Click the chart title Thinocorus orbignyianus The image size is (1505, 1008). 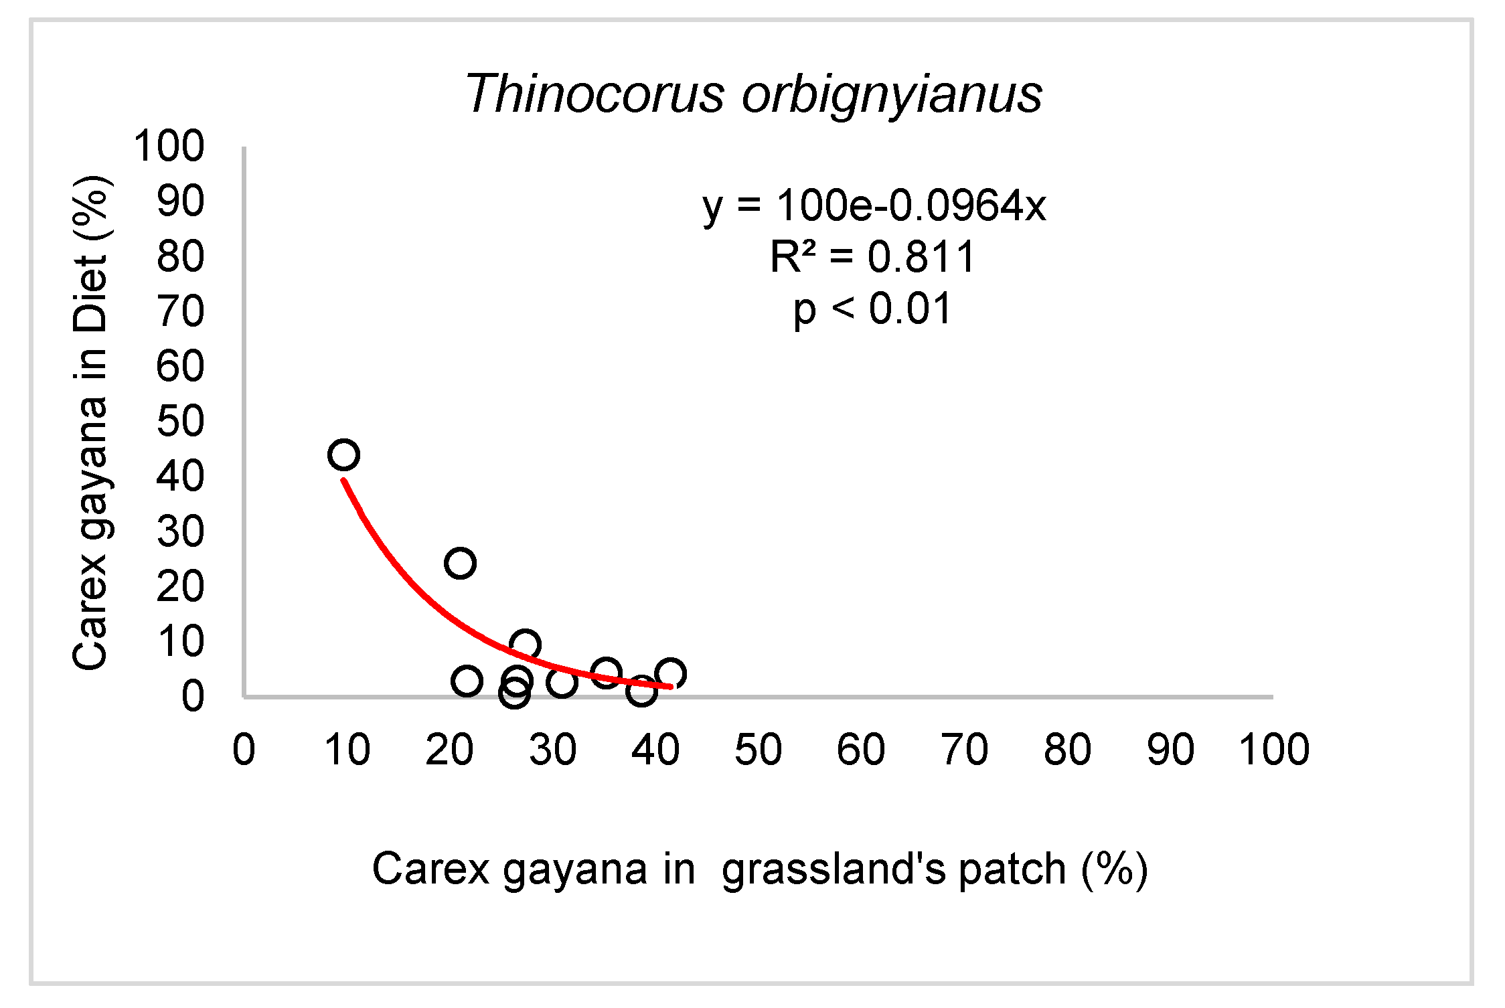point(753,94)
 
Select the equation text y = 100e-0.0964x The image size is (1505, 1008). point(874,205)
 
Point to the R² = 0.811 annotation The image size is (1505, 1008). point(872,257)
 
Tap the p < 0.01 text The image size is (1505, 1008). point(872,309)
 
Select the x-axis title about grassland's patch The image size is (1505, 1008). point(760,869)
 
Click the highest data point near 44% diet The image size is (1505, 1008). point(344,455)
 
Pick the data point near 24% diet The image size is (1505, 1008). point(460,563)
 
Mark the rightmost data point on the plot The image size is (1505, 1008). point(670,673)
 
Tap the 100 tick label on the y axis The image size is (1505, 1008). point(169,146)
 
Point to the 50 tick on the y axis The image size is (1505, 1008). point(180,422)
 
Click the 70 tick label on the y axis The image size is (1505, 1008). point(180,311)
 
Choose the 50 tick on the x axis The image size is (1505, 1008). point(758,749)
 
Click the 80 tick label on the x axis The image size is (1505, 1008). point(1067,749)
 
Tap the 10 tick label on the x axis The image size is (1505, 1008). point(347,749)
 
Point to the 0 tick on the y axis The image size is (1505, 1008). point(193,696)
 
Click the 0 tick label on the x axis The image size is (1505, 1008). point(244,749)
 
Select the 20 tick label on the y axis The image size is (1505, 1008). point(180,587)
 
